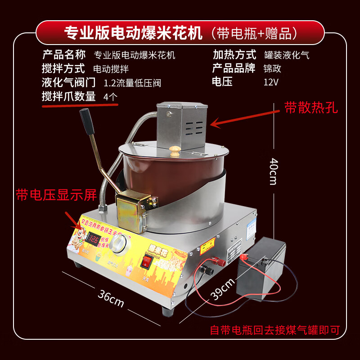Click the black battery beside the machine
[x=261, y=266]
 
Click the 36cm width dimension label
[x=110, y=297]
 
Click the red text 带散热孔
[x=311, y=108]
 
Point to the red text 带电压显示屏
[x=56, y=195]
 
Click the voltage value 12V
[x=271, y=82]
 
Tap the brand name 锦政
[x=273, y=69]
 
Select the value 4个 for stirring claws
[x=111, y=96]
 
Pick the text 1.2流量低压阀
[x=132, y=83]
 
